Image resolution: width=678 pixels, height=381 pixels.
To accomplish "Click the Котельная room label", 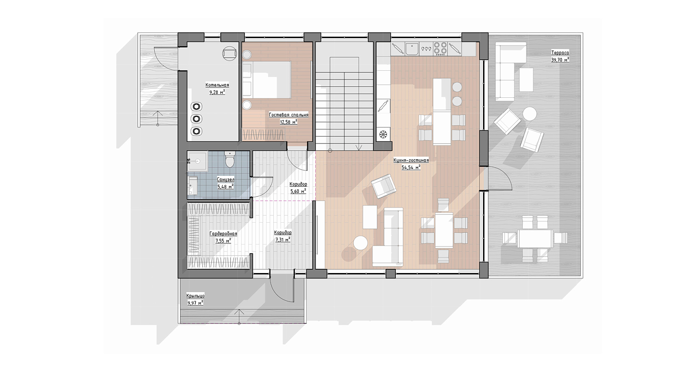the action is pos(217,85).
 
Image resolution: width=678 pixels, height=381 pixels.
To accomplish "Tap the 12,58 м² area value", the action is pos(289,122).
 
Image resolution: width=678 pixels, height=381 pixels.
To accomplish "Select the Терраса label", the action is pos(560,52).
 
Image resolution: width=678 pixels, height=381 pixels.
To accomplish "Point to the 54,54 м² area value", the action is pos(411,167).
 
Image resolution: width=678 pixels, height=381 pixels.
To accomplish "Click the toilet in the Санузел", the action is pos(230,159).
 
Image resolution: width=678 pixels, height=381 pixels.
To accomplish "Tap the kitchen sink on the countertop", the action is pos(412,49).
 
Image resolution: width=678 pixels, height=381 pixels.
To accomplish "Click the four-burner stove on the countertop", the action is pos(440,48).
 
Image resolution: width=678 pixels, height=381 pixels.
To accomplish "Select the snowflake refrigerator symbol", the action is pos(383,134).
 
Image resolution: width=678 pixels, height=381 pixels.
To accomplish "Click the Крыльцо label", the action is pos(195,296).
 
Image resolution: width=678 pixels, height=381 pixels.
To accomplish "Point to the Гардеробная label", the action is pos(223,234).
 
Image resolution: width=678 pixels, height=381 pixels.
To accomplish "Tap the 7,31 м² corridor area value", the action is pos(283,240).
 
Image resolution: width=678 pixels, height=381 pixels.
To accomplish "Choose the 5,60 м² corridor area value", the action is pos(298,191).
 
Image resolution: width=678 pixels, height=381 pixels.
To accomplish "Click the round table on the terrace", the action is pos(530,114).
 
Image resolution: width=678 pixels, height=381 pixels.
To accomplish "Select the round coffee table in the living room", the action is pos(361,243).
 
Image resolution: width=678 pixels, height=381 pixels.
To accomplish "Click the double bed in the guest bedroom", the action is pos(267,80).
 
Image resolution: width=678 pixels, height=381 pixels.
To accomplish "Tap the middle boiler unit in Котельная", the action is pos(197,119).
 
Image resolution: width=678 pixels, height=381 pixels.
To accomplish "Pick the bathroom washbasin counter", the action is pos(192,186).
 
